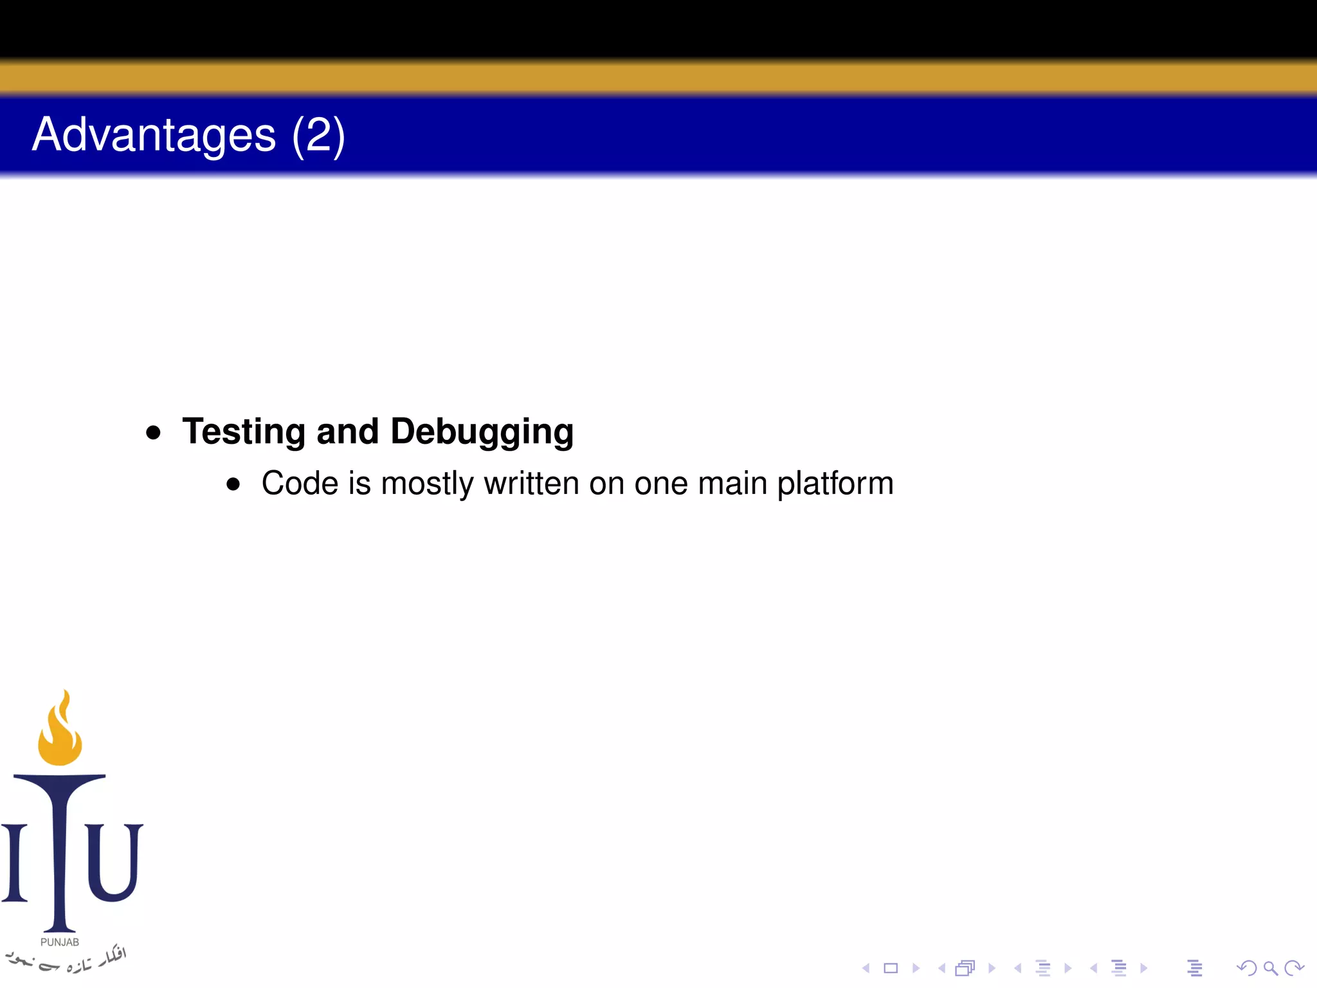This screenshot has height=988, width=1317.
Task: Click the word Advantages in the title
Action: [x=154, y=134]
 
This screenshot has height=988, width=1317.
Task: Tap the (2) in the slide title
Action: [x=318, y=134]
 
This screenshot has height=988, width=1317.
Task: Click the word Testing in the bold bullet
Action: [x=244, y=432]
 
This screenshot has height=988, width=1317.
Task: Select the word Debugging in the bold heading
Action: [x=482, y=432]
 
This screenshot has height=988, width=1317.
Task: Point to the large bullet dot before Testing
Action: [x=153, y=432]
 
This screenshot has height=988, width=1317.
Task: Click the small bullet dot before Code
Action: [x=233, y=484]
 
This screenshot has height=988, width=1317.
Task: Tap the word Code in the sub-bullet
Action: [x=300, y=483]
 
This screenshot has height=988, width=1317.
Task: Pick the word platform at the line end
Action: [x=835, y=484]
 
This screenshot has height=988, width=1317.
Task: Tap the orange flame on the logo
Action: [x=60, y=730]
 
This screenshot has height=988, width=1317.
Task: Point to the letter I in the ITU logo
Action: [x=14, y=862]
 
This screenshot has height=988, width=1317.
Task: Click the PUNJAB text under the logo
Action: [x=60, y=942]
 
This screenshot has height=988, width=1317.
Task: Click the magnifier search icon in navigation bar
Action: [x=1270, y=968]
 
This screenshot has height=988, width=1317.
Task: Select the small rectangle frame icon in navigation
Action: [x=891, y=968]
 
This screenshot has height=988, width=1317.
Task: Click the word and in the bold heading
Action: [x=347, y=432]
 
